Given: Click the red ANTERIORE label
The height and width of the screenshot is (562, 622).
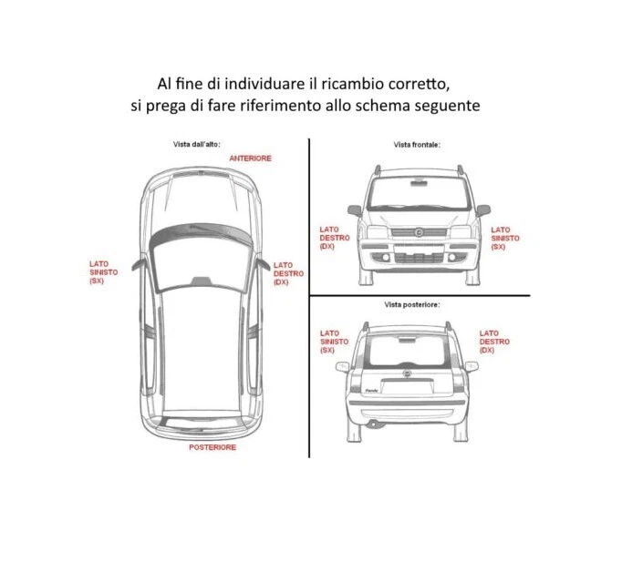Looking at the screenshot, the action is coord(250,158).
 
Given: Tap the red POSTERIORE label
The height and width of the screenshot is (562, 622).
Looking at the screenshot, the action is coord(213,447).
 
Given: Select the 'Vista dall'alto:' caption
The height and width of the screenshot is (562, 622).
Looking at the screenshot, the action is coord(196,144).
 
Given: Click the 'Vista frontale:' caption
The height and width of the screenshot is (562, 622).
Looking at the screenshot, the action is coord(417,145).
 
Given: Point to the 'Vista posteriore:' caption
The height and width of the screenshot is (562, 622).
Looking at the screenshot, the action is coord(411,304).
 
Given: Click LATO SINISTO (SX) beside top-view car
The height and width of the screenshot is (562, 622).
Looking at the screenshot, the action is coord(103,272).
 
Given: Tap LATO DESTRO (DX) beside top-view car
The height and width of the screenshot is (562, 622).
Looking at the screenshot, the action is coord(288,273).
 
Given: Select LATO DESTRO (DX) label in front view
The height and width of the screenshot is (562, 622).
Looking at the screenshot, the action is coord(335,238).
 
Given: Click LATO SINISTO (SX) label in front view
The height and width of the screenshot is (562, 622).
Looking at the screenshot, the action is coord(505,238).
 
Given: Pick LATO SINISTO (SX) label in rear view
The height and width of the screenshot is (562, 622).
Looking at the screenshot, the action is coord(334,342).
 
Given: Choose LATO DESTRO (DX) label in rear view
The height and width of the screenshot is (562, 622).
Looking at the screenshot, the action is coord(494,342).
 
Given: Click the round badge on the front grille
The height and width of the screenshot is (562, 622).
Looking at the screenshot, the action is coord(418,232).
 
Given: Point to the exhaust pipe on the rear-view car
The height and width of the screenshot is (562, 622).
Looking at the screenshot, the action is coord(373,424).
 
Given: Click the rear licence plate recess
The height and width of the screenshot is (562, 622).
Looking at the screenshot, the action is coord(407,386).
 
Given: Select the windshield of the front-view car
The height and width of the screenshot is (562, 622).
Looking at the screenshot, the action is coord(418,193).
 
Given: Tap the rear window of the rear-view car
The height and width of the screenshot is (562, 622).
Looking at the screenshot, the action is coord(407,350).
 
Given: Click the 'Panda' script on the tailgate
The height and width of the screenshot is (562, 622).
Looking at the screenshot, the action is coord(371,391).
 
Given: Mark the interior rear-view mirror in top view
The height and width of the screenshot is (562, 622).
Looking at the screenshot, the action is coord(202,281).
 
